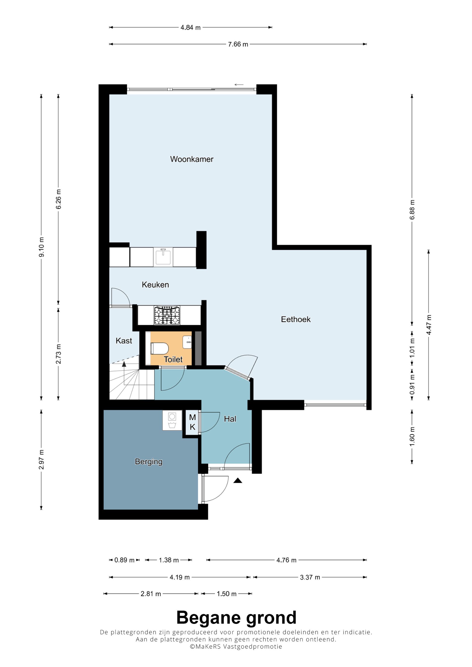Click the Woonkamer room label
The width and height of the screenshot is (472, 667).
pos(192,159)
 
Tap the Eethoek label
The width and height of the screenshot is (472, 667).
pos(295,320)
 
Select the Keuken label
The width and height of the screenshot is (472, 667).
pos(155,285)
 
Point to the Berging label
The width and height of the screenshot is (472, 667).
pos(149,462)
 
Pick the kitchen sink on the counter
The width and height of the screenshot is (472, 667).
pos(163,257)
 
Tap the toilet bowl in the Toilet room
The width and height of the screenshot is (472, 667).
pos(159,348)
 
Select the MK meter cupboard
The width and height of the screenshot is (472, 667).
pos(192,422)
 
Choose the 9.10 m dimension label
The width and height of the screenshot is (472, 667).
pos(42,247)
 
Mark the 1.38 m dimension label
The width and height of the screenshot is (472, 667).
pos(169,560)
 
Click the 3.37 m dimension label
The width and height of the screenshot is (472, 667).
pos(310,577)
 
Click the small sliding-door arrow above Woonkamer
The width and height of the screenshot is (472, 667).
pos(239,85)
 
